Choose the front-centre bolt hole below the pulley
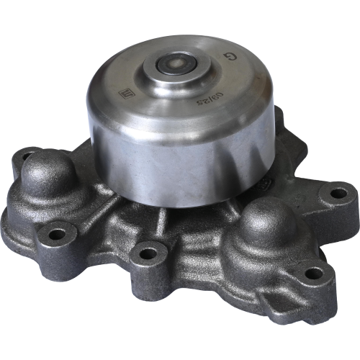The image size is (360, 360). tap(148, 253)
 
